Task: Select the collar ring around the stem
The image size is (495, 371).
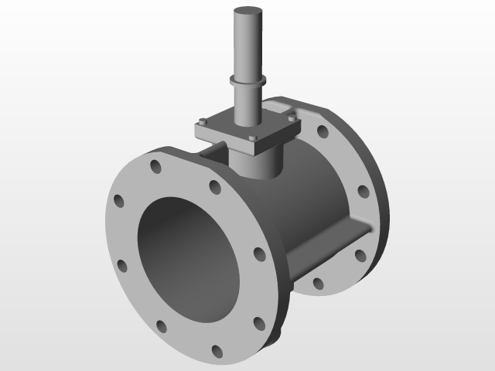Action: click(248, 80)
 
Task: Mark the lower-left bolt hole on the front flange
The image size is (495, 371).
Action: click(121, 266)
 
